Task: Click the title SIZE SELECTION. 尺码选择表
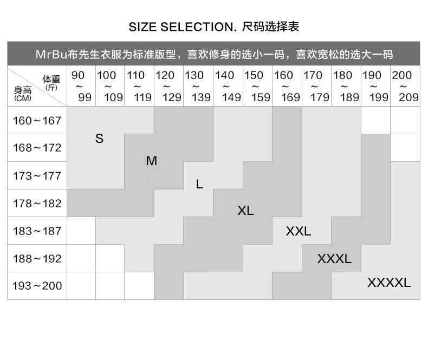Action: coord(214,26)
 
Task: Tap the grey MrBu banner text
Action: coord(213,55)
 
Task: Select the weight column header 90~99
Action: coord(81,86)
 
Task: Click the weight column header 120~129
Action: coord(169,86)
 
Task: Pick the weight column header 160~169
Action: coord(287,86)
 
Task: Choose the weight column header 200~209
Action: coord(405,86)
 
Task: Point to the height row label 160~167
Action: coord(37,120)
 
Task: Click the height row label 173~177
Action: coord(37,175)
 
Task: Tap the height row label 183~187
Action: coord(37,231)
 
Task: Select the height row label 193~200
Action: coord(37,286)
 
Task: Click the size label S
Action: coord(99,139)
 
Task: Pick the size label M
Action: coord(152,161)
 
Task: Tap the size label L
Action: coord(199,185)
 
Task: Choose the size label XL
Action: coord(245,211)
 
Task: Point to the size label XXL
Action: coord(299,232)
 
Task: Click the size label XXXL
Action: coord(334,259)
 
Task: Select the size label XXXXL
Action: coord(389,283)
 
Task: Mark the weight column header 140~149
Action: coord(228,86)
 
